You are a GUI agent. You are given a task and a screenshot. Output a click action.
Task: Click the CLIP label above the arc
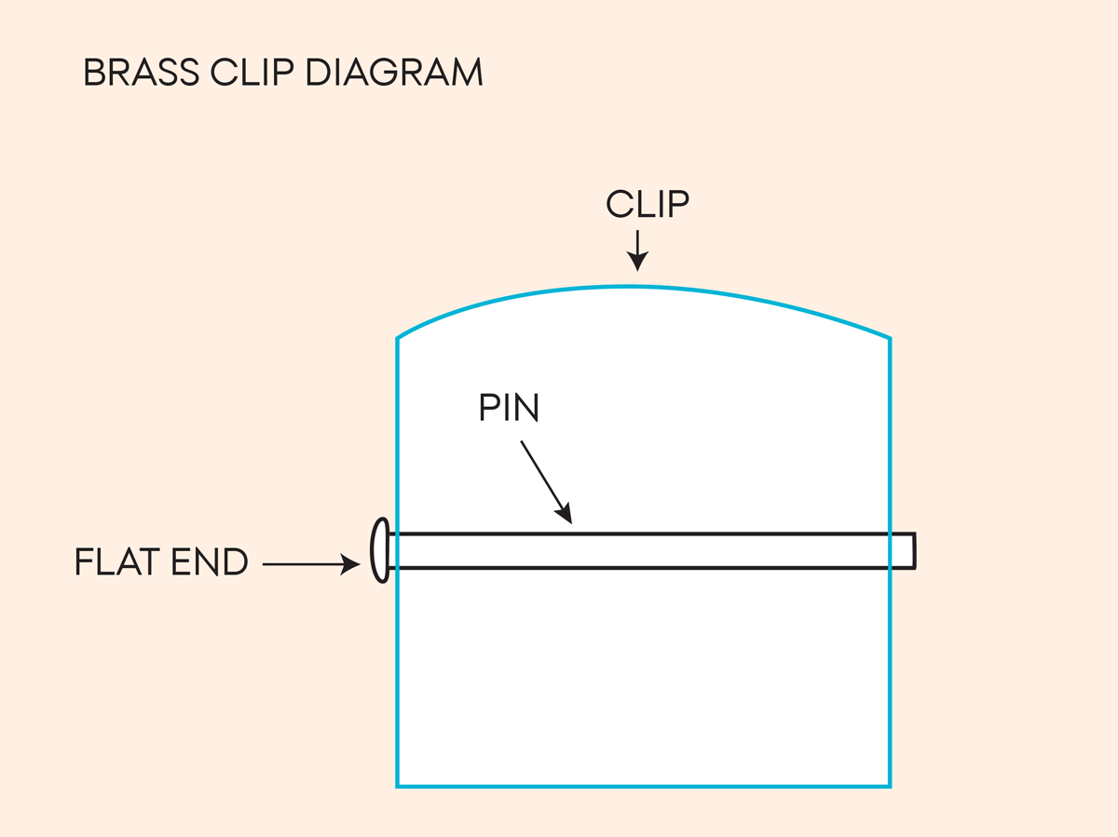click(648, 205)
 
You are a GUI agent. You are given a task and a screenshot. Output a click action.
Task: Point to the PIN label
click(509, 408)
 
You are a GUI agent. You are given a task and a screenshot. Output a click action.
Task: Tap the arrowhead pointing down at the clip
click(637, 262)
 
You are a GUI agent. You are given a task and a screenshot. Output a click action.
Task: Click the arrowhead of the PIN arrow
click(564, 514)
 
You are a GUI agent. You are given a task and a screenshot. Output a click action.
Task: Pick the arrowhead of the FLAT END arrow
click(351, 563)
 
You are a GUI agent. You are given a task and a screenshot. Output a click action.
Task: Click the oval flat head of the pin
click(379, 550)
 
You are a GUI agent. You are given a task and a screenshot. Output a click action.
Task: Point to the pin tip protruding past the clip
click(904, 550)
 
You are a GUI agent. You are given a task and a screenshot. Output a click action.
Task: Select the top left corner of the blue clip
click(398, 338)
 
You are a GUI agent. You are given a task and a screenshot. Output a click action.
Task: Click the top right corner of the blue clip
click(890, 338)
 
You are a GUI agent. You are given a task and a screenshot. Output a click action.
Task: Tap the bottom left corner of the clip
click(398, 786)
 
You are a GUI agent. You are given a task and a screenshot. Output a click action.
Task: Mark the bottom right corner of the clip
click(890, 786)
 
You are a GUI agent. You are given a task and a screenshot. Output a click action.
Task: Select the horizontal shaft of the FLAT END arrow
click(303, 563)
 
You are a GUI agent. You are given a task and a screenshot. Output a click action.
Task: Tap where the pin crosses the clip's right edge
click(890, 550)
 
